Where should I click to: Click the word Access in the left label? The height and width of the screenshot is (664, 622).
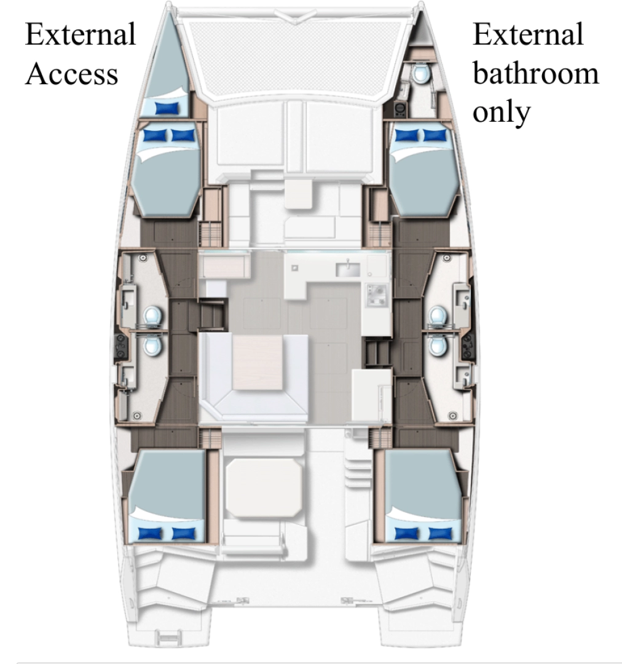tap(71, 74)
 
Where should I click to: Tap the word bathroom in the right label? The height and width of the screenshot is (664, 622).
tap(535, 74)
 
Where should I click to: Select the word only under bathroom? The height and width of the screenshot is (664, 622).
tap(501, 112)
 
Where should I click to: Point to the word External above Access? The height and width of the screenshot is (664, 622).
tap(80, 34)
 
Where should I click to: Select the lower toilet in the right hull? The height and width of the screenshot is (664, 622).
tap(437, 346)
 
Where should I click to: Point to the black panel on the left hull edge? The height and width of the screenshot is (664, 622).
tap(121, 346)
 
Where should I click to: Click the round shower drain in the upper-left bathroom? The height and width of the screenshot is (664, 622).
tap(143, 258)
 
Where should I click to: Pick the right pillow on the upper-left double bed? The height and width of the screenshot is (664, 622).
tap(182, 135)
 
